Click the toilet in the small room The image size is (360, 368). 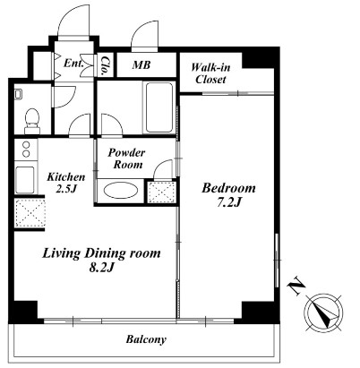click(32, 122)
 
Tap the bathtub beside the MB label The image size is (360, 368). click(159, 107)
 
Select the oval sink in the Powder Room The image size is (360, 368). click(121, 190)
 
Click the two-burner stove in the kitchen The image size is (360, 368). click(26, 150)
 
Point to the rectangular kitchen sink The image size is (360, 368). click(25, 180)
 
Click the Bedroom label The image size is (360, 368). click(228, 188)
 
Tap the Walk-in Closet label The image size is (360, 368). click(210, 73)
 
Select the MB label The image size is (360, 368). click(141, 64)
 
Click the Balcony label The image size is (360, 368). click(146, 339)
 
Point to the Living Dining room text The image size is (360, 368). click(101, 253)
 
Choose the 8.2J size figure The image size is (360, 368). click(101, 268)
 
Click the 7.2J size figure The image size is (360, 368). click(229, 202)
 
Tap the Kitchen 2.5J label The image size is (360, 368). click(66, 183)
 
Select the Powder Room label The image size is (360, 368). click(126, 158)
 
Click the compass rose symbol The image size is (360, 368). click(323, 312)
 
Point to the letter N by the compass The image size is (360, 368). click(296, 286)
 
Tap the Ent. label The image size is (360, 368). click(73, 64)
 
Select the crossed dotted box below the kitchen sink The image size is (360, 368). click(30, 213)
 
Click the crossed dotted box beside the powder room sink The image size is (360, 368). click(161, 192)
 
